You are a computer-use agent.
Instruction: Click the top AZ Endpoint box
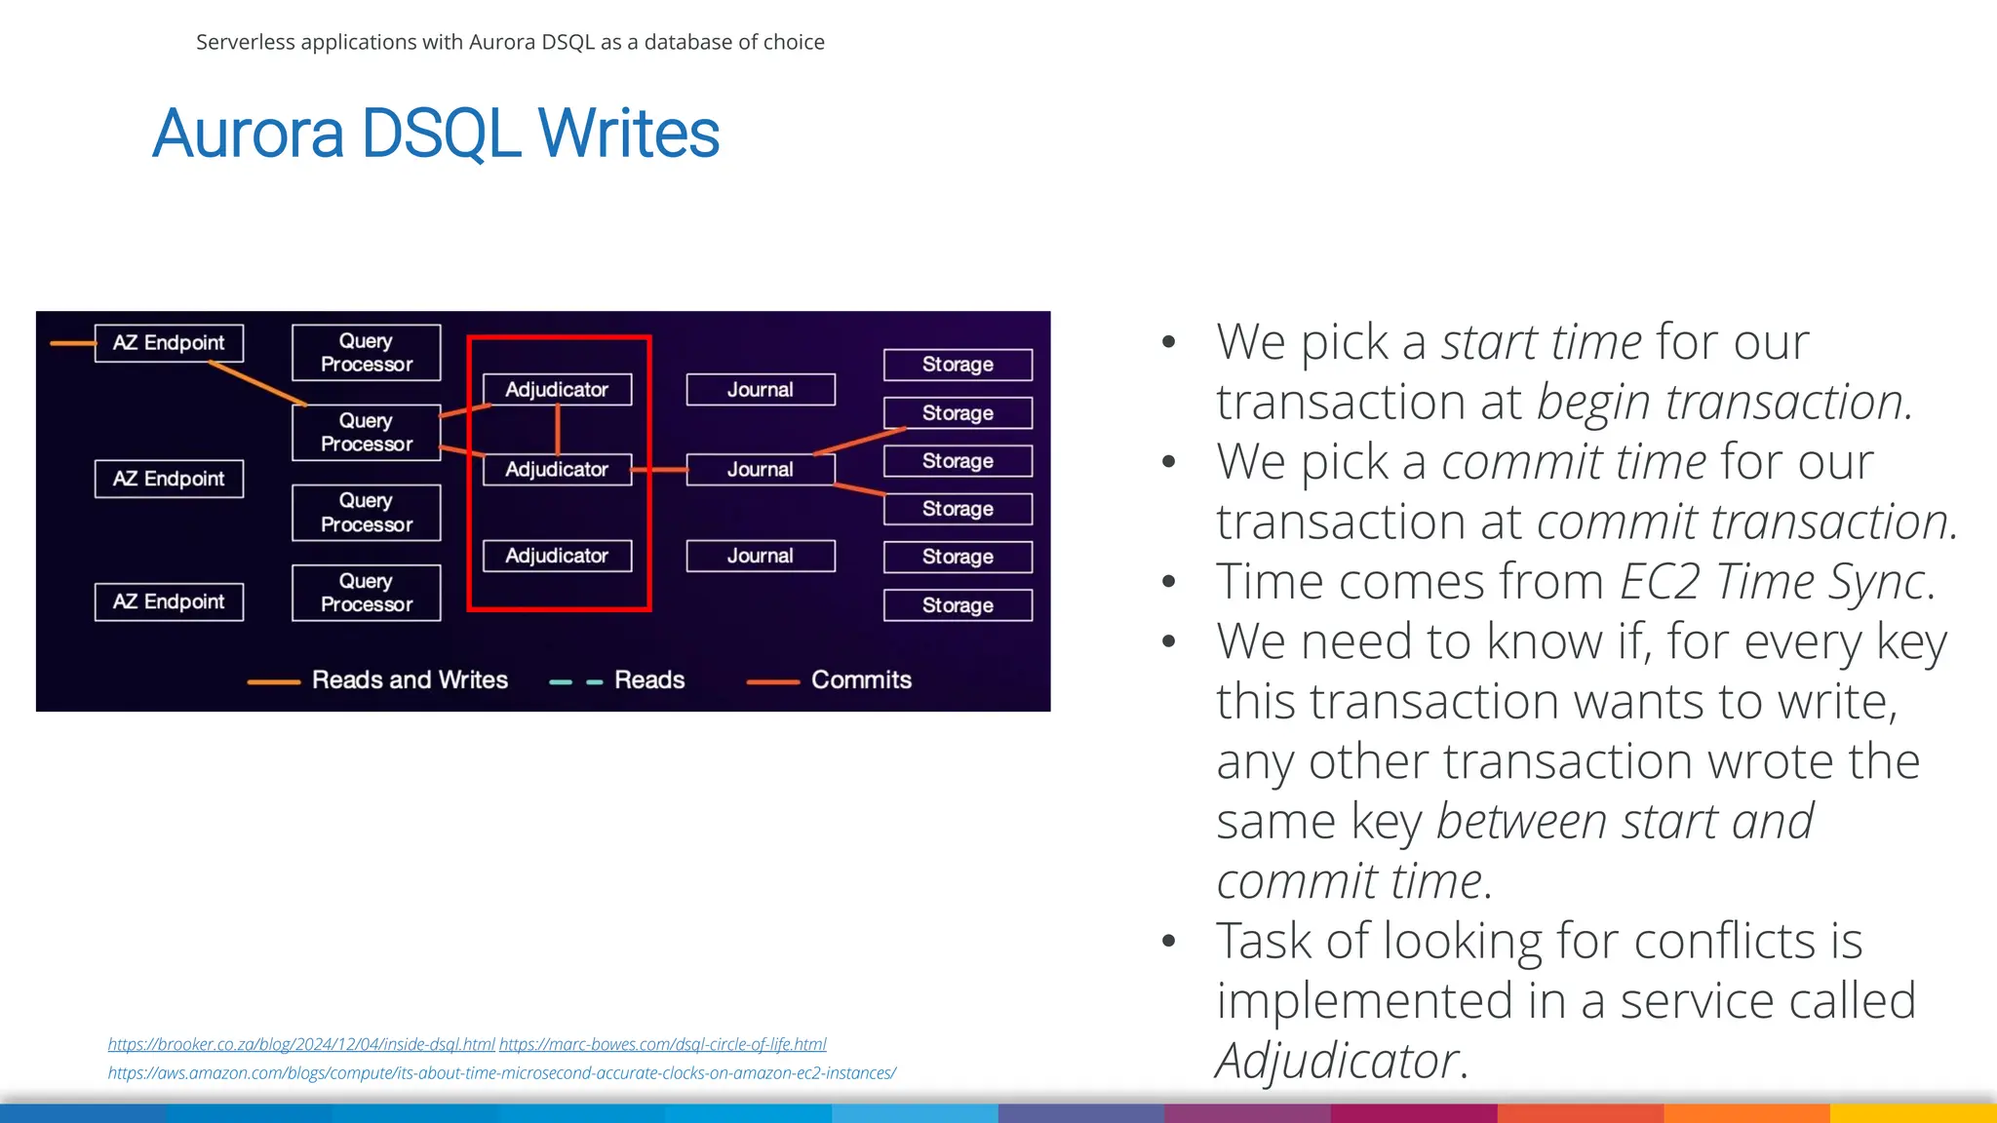pos(169,343)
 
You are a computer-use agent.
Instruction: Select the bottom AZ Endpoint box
pos(169,601)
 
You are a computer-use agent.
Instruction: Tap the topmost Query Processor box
pos(366,353)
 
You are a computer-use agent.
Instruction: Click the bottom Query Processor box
pos(366,593)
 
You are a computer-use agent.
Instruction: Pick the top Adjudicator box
pos(557,389)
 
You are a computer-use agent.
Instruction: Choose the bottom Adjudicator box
pos(557,556)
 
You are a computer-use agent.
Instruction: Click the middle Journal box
pos(761,469)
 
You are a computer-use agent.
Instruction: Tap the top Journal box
pos(761,389)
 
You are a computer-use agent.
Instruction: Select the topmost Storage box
pos(958,365)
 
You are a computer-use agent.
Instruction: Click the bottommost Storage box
pos(958,605)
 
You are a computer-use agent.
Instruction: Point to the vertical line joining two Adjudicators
pos(558,430)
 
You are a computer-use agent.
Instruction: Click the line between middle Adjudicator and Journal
pos(659,470)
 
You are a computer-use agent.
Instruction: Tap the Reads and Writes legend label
pos(410,679)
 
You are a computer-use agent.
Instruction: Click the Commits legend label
pos(861,679)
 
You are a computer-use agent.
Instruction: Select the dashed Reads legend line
pos(576,682)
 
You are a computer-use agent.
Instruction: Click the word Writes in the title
pos(628,134)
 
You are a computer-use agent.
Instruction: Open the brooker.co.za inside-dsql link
pos(301,1044)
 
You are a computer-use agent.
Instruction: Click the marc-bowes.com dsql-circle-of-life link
pos(663,1044)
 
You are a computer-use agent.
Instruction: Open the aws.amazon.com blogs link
pos(501,1073)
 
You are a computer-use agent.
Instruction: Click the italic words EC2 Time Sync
pos(1773,582)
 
